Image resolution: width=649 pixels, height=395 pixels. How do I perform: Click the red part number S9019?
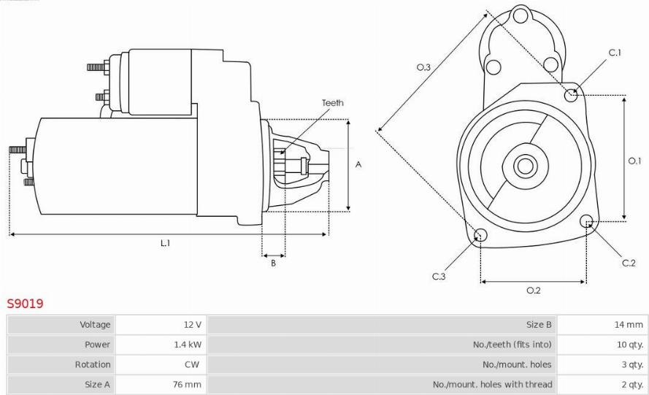pos(25,304)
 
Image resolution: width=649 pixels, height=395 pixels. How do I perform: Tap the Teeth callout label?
pos(333,103)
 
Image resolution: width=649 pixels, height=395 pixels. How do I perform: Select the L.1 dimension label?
pos(165,243)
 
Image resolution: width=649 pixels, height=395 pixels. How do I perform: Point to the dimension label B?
pos(273,263)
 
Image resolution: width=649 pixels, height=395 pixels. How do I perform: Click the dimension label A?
pos(358,164)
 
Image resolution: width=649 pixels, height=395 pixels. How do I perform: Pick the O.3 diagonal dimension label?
pos(423,67)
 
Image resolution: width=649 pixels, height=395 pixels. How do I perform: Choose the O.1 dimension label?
pos(634,161)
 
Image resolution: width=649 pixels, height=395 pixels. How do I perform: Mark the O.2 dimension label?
pos(534,291)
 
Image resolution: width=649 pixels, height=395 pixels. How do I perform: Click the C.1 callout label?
pos(615,53)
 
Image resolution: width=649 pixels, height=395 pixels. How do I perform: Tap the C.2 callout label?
pos(629,263)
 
